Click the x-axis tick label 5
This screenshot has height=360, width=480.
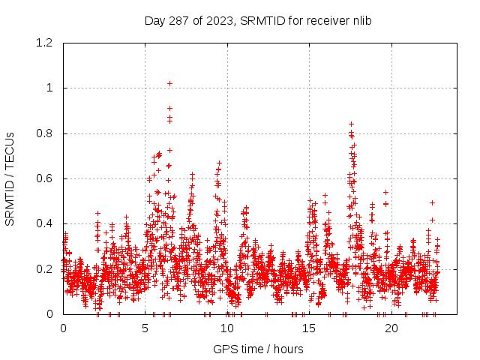[x=145, y=328]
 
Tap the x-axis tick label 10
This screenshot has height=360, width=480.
[x=227, y=328]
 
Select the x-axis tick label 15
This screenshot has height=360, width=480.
[x=309, y=328]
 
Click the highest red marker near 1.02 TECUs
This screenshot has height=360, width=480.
[x=169, y=83]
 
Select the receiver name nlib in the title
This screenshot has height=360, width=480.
[x=360, y=20]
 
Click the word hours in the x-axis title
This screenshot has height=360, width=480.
[x=288, y=349]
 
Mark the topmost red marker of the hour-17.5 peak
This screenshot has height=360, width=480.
[x=351, y=124]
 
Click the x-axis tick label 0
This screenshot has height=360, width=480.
[x=63, y=328]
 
